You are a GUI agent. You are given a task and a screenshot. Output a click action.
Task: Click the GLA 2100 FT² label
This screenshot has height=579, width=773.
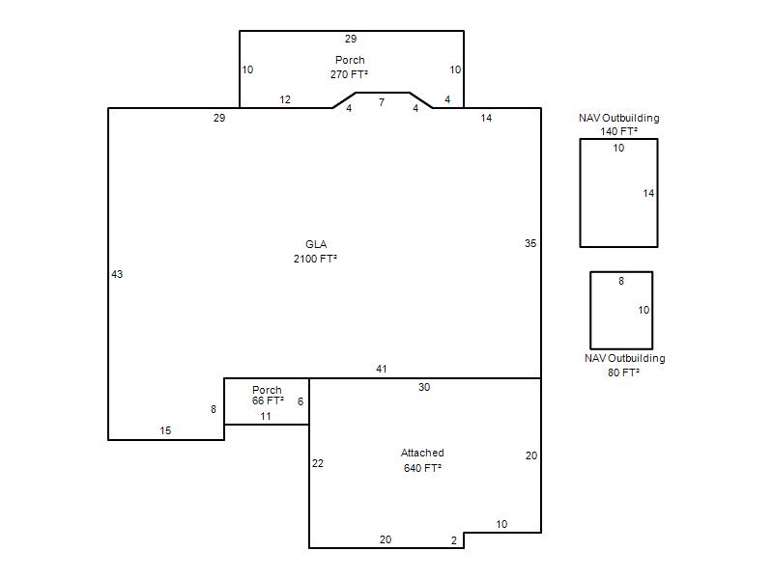(316, 252)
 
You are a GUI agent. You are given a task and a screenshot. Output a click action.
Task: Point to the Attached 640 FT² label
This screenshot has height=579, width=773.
(422, 460)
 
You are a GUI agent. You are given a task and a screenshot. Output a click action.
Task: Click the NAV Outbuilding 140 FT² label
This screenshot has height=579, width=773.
(619, 124)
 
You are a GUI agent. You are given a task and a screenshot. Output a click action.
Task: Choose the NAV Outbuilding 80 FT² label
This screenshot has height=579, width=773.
(624, 365)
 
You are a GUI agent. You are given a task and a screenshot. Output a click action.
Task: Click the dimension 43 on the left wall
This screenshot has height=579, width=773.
(117, 274)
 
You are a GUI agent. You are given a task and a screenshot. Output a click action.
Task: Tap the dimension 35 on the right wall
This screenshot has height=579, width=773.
(530, 243)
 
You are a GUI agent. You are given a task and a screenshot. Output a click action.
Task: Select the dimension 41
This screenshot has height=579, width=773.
(381, 369)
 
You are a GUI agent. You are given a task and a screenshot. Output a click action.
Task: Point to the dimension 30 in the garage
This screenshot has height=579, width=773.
(424, 388)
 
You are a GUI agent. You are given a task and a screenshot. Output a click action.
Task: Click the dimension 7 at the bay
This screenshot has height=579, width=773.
(382, 102)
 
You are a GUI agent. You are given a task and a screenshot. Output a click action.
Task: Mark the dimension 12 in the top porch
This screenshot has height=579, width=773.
(285, 99)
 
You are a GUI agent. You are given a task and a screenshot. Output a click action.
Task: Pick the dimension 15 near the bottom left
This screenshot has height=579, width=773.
(165, 430)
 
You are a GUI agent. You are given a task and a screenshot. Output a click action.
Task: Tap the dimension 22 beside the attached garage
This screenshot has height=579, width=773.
(318, 463)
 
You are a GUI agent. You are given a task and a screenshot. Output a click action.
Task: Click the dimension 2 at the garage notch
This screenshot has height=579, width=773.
(454, 540)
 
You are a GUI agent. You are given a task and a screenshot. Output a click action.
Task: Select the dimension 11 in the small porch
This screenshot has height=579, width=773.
(266, 416)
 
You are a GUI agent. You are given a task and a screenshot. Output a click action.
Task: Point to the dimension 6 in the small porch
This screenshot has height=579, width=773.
(301, 401)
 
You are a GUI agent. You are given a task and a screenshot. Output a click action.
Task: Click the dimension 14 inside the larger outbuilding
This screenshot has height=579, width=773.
(648, 194)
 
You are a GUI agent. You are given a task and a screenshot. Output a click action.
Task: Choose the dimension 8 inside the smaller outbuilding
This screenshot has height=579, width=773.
(621, 281)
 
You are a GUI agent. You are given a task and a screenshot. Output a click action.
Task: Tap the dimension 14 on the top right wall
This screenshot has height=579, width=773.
(486, 118)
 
